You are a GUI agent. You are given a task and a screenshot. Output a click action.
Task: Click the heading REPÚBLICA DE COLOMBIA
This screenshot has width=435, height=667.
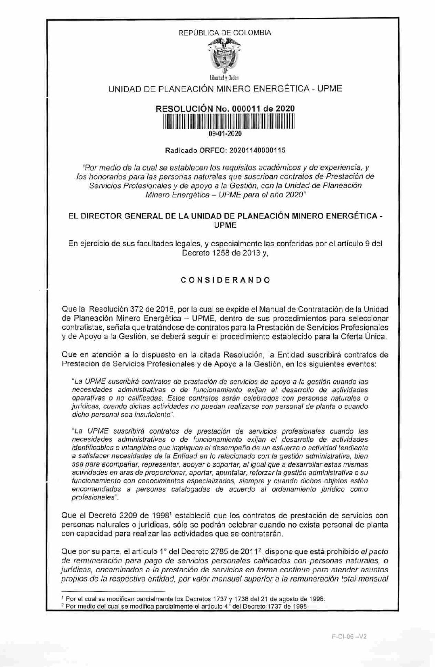(x=225, y=33)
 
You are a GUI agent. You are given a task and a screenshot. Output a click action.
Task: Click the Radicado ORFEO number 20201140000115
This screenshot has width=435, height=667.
(x=257, y=150)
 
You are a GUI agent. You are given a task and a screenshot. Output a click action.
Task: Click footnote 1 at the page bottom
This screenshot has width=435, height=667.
(x=196, y=599)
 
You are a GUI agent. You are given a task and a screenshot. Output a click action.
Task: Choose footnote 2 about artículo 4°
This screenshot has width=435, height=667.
(x=186, y=606)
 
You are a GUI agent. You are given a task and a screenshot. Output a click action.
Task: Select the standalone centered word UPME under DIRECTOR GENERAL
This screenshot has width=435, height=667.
(x=225, y=225)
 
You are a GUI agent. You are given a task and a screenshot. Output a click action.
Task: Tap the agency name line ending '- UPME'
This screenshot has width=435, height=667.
(x=225, y=89)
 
